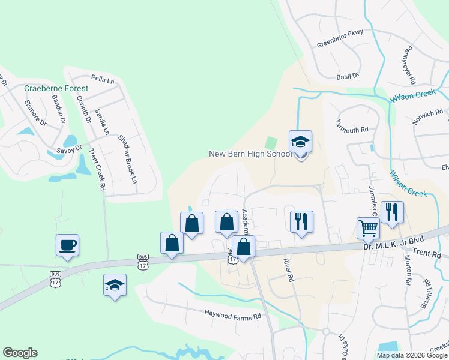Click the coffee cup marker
tap(68, 245)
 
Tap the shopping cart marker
tap(368, 228)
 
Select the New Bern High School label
tap(250, 154)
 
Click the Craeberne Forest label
tap(56, 88)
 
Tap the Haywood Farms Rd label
tap(233, 315)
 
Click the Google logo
tap(20, 353)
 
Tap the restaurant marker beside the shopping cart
tap(392, 212)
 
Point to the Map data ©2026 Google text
tap(412, 355)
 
